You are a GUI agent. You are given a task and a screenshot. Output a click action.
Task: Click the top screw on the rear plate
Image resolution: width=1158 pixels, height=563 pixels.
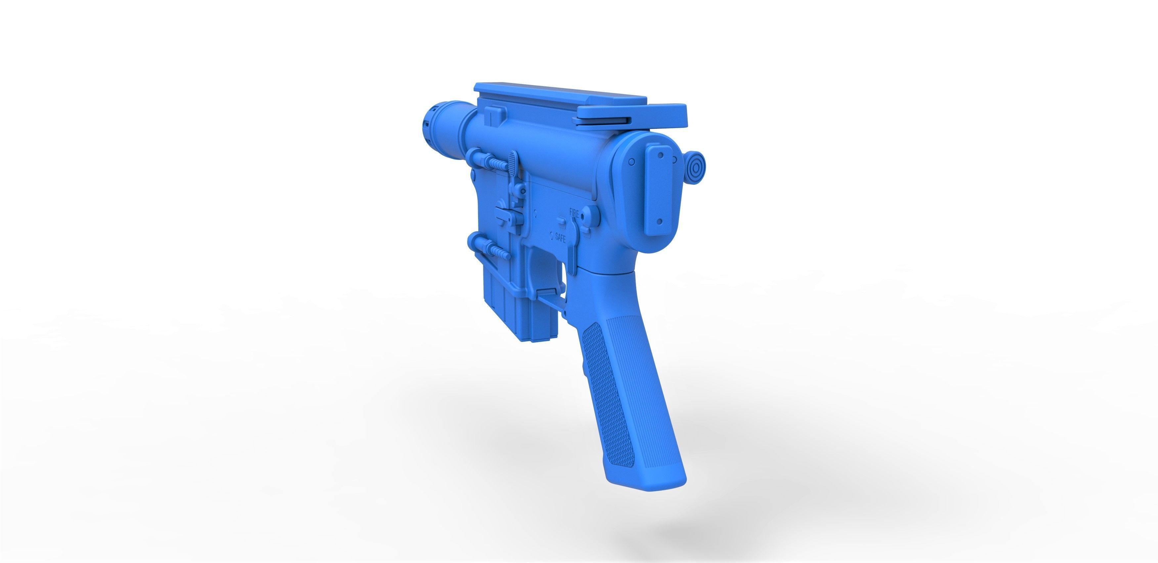pyautogui.click(x=660, y=155)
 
